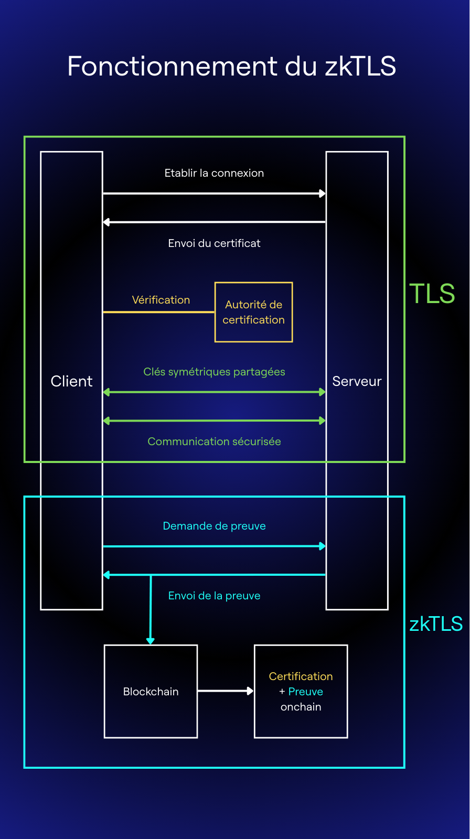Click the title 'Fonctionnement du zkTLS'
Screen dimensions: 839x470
(x=231, y=67)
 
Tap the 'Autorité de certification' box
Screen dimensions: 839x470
(x=253, y=312)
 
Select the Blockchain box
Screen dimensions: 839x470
(x=151, y=691)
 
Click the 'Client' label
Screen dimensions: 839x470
(x=71, y=381)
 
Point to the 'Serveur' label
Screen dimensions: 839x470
(x=357, y=381)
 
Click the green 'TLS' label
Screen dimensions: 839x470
(x=432, y=294)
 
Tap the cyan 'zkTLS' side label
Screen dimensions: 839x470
(x=435, y=624)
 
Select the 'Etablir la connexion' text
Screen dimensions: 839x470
(x=214, y=173)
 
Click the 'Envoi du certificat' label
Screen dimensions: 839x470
(x=214, y=243)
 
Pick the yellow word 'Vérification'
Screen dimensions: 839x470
(x=161, y=300)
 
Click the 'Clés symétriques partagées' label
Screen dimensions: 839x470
(x=214, y=372)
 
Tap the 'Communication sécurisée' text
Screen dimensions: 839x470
(x=214, y=442)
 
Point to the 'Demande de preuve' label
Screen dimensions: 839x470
(x=214, y=526)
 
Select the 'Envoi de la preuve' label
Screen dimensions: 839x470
(x=214, y=596)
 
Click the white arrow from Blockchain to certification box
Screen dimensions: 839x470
(x=225, y=691)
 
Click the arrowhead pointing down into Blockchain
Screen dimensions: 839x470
(x=151, y=641)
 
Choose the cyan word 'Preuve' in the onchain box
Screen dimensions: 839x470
(x=306, y=692)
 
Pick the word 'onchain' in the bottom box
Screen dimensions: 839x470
(x=301, y=707)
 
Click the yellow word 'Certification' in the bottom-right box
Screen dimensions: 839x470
(x=301, y=676)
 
